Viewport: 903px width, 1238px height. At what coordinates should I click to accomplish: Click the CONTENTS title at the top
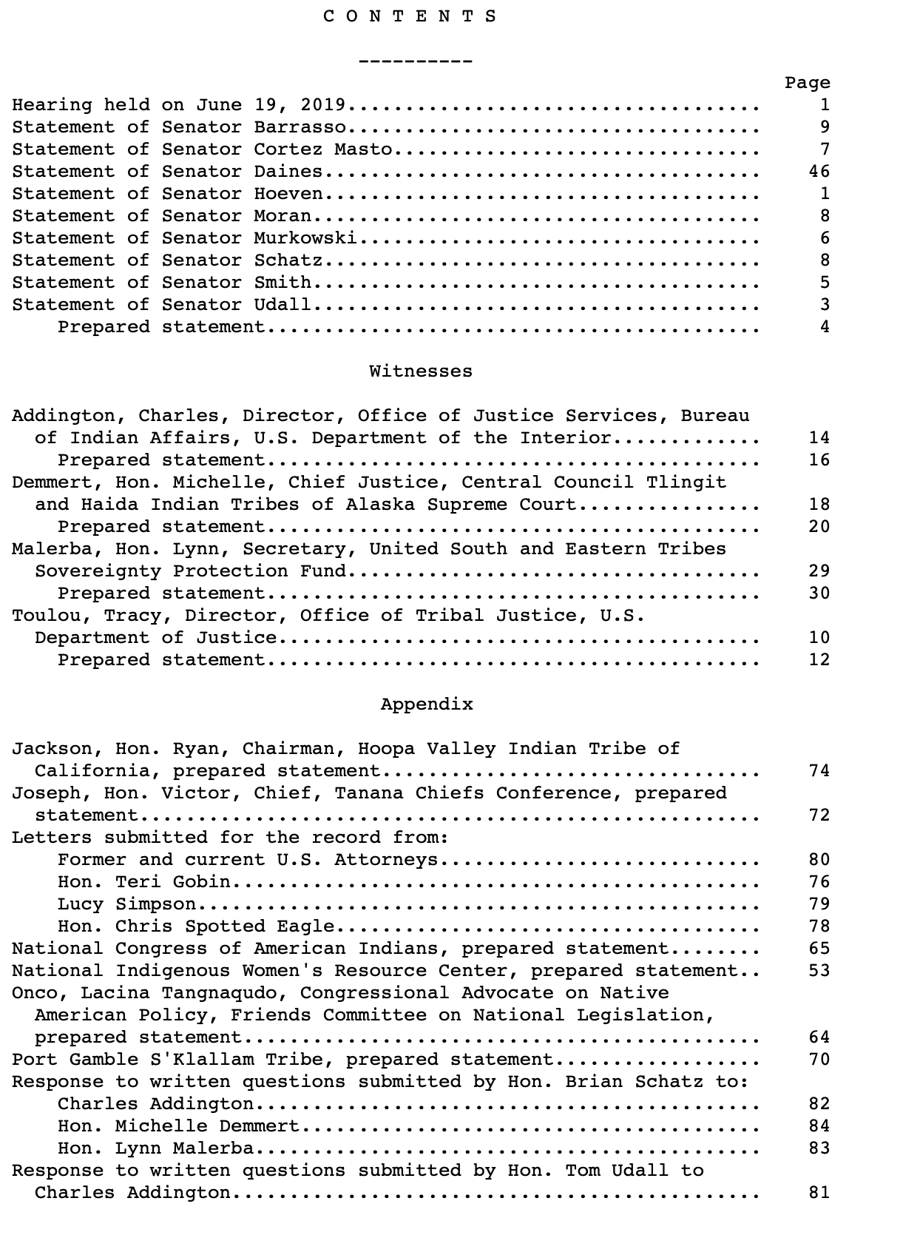[x=410, y=16]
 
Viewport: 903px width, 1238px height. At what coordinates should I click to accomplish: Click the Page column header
[x=807, y=83]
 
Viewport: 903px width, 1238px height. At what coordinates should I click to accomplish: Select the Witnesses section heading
[x=420, y=371]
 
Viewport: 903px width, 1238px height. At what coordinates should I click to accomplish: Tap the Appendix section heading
[x=426, y=704]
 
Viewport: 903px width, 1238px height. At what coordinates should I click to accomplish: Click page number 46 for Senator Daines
[x=819, y=172]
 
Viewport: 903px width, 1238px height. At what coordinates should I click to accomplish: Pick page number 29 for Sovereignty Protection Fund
[x=819, y=571]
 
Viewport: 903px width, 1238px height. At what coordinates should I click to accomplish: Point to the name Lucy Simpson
[x=126, y=904]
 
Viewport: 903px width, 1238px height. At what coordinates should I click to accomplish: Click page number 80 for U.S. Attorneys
[x=819, y=860]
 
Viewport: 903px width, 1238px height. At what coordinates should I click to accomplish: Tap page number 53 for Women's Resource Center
[x=819, y=971]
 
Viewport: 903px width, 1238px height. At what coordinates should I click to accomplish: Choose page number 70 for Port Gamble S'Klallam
[x=819, y=1060]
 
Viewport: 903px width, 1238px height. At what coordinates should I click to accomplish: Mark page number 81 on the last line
[x=819, y=1193]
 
